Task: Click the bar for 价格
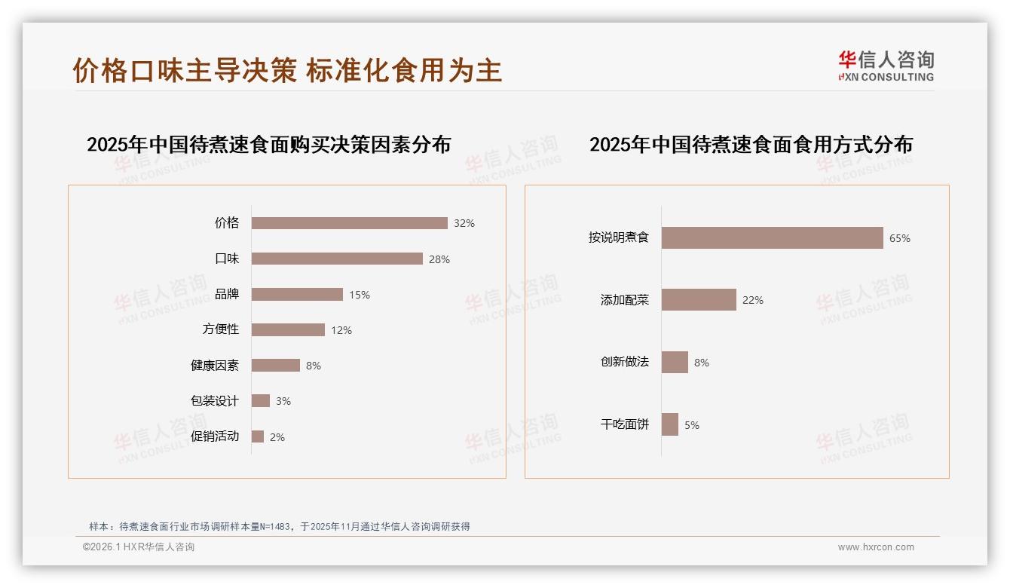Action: (349, 223)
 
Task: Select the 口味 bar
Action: (337, 259)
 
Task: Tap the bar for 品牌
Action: (297, 294)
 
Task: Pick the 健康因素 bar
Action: (275, 365)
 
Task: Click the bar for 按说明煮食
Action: (772, 237)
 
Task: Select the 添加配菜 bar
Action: (699, 299)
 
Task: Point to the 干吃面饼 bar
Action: (670, 424)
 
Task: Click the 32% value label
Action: (464, 223)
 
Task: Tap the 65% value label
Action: (900, 238)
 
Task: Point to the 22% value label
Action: (753, 300)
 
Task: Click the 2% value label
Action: (277, 437)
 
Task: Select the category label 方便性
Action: (221, 329)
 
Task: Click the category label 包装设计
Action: (215, 400)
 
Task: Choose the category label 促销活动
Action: (215, 436)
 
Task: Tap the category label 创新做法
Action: (625, 362)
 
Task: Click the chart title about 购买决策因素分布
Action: (268, 144)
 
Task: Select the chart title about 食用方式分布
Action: (751, 144)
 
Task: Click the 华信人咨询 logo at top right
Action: (886, 66)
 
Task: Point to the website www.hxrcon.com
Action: (876, 547)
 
